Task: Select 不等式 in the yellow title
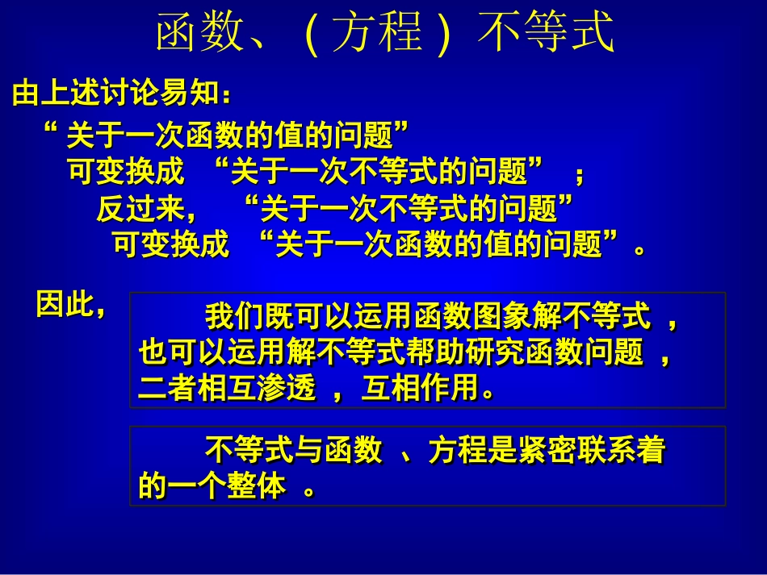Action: click(546, 35)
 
